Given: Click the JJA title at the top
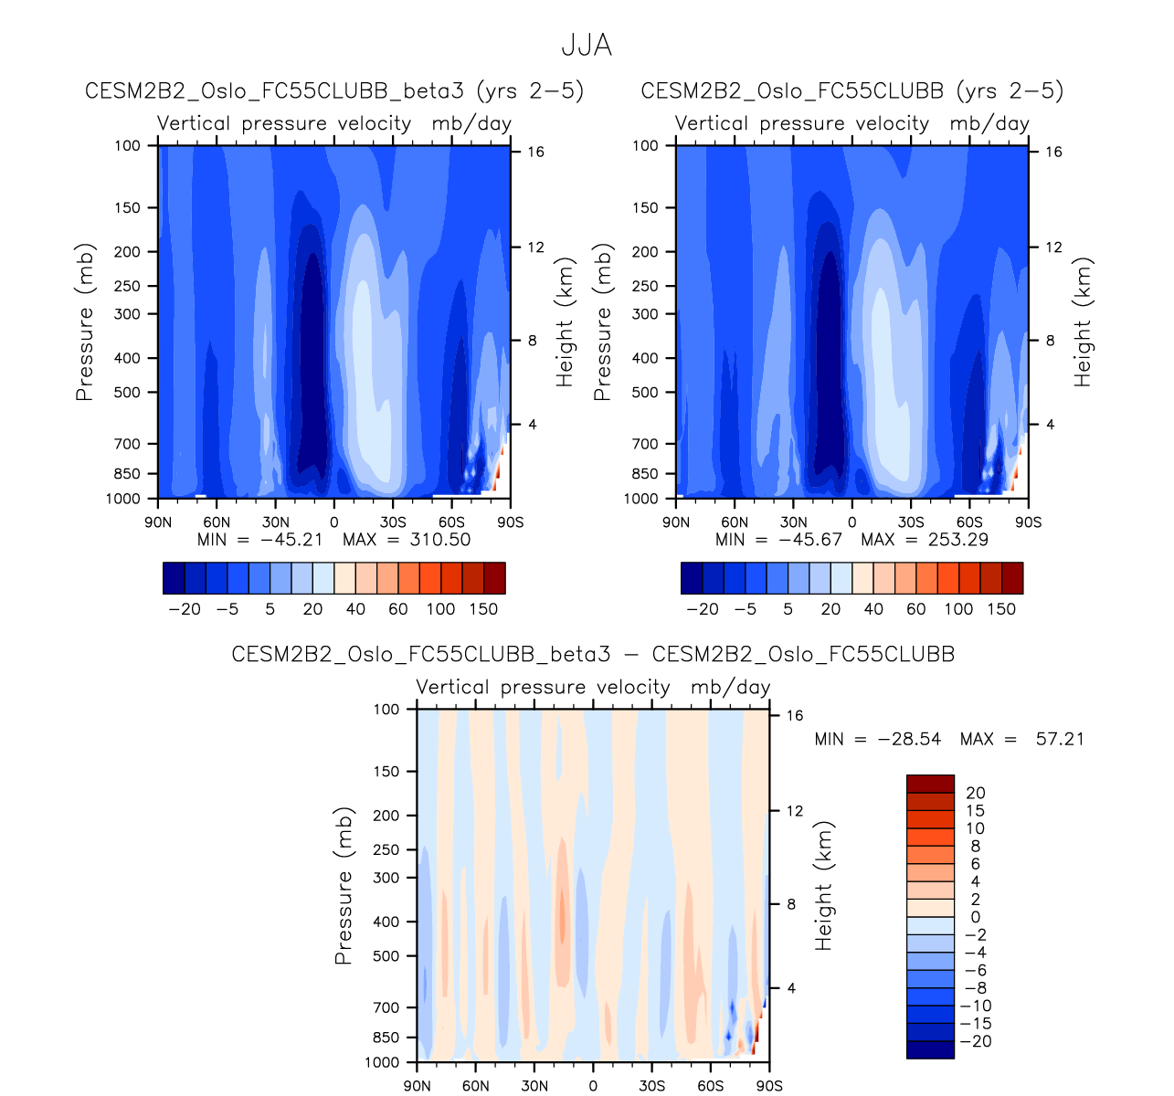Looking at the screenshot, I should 587,46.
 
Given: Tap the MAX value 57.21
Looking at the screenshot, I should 1060,739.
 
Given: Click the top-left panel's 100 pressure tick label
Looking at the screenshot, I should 129,145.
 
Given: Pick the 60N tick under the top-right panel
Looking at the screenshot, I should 735,522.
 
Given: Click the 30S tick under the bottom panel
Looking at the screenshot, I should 651,1086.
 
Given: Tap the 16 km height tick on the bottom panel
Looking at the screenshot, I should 795,715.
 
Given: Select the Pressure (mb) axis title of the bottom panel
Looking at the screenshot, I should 344,886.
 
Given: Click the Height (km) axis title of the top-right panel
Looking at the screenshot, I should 1084,322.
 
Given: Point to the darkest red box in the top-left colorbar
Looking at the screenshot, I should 494,578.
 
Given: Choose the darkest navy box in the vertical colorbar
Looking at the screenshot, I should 930,1049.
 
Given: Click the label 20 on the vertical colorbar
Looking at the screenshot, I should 976,793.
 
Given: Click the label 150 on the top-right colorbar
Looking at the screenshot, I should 1001,609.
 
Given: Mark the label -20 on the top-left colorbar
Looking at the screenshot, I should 185,609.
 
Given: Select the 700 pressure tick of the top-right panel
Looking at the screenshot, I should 645,444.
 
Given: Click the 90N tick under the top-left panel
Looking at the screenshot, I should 158,522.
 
